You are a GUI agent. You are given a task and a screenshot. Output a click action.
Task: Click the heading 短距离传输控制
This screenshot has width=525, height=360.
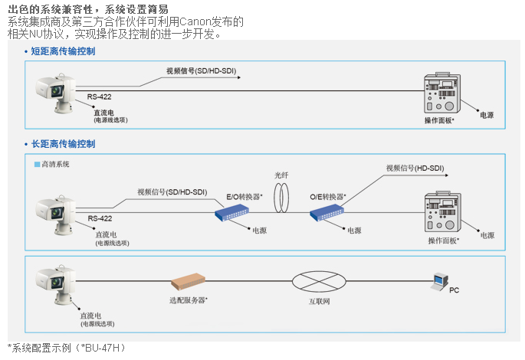63,51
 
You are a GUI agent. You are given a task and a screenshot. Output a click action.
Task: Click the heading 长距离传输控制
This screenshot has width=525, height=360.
63,143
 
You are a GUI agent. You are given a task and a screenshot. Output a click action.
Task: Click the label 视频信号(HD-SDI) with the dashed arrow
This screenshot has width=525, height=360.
415,167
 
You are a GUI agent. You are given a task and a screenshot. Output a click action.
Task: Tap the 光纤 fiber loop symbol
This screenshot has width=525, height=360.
284,198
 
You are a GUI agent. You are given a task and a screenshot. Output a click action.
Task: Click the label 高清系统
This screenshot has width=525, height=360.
55,164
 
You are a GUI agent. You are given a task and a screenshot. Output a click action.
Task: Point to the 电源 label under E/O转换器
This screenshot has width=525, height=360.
260,231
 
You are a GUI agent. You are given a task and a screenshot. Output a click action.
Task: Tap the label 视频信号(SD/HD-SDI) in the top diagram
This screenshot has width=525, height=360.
202,71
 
